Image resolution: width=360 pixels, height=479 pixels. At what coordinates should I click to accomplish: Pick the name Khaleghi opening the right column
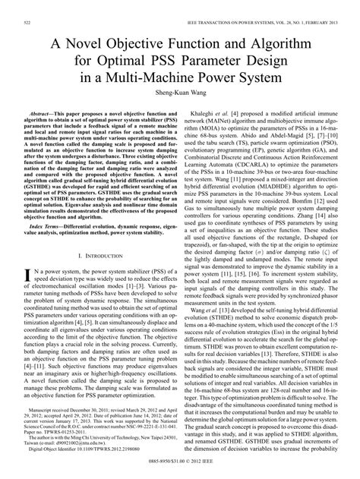click(x=208, y=111)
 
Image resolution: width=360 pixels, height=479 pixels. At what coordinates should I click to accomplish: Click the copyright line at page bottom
click(x=179, y=473)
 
